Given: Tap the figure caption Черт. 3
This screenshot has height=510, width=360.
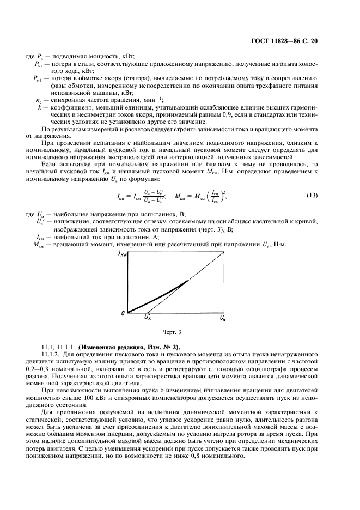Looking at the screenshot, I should [172, 332].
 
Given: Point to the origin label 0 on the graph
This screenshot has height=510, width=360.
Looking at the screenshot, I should [123, 313].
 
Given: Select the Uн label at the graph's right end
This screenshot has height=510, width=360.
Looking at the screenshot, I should [223, 317].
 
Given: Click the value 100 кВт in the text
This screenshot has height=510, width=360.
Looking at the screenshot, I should [80, 397].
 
